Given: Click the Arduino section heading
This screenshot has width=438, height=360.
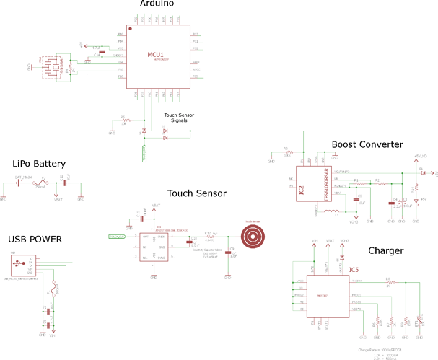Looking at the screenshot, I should (x=157, y=4).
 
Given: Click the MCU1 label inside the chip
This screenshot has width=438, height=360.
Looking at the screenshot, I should (x=155, y=55).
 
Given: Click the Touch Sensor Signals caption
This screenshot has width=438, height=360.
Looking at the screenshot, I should (x=180, y=118).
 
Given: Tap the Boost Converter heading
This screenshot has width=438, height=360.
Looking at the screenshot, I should (x=367, y=144).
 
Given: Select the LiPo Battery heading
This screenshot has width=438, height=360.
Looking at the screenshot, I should (x=44, y=163).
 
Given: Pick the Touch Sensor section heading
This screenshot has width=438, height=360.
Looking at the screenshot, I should (x=197, y=193).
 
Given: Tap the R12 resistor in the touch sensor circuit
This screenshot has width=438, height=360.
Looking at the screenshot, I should (x=209, y=236).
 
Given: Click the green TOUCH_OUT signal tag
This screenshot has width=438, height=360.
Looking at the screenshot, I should (x=117, y=236).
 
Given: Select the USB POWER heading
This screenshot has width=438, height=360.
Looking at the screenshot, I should (x=35, y=239).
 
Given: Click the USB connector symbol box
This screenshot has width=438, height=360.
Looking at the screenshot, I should (x=16, y=264).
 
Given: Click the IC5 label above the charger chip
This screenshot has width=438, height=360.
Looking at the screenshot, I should (x=354, y=270).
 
